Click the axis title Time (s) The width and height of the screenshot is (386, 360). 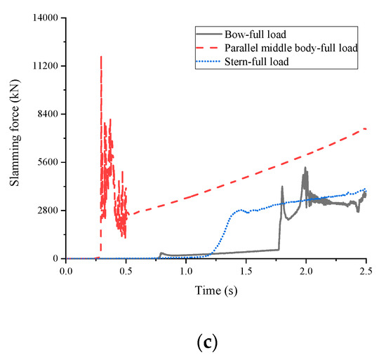[215, 289]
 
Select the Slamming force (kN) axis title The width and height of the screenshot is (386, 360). [14, 138]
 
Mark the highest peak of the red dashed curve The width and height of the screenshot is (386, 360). [101, 56]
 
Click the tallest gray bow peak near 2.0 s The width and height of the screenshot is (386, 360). [305, 168]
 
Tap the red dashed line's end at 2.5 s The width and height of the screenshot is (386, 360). [366, 128]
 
